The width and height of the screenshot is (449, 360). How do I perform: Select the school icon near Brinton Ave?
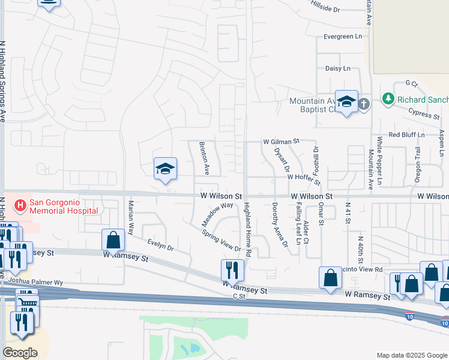pos(165,169)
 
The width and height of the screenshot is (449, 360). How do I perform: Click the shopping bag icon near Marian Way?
pos(113,241)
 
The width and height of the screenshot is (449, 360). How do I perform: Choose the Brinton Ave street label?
pos(203,158)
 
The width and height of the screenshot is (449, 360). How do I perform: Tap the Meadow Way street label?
pos(217,214)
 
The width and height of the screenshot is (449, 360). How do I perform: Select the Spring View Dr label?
pos(221,241)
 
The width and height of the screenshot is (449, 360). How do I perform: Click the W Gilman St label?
pos(281,142)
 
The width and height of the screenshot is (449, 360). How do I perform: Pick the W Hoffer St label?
pos(304,177)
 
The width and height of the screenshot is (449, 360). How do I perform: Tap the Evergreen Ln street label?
pos(343,37)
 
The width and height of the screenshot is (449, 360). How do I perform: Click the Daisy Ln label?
pos(337,68)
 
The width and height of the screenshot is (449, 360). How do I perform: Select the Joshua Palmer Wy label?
pos(36,282)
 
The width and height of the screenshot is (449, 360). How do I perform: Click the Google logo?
pos(20,352)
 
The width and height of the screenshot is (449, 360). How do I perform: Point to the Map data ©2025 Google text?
pos(411,355)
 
